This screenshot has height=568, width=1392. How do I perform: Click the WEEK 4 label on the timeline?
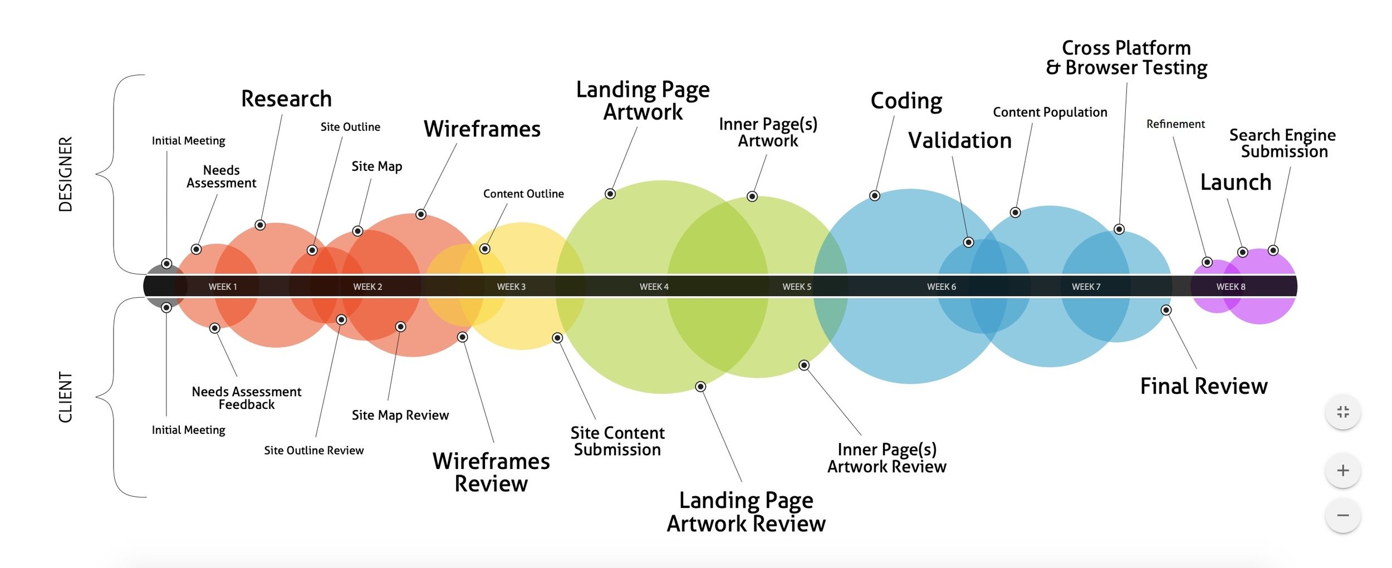click(x=654, y=287)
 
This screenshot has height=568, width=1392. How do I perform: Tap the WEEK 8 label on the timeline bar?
click(x=1231, y=287)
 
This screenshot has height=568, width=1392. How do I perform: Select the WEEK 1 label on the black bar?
click(x=223, y=287)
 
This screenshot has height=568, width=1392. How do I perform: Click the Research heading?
click(x=286, y=99)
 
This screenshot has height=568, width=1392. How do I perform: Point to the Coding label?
click(x=906, y=101)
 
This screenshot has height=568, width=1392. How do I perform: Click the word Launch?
click(x=1236, y=182)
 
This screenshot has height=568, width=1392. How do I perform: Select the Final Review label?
click(x=1203, y=386)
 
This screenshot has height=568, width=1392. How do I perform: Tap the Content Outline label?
click(x=523, y=194)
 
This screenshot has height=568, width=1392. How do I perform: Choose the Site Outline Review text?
click(x=313, y=450)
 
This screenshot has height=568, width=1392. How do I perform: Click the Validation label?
click(x=959, y=141)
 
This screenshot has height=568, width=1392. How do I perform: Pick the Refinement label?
click(x=1175, y=124)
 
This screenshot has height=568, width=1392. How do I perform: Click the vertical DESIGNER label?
click(x=66, y=174)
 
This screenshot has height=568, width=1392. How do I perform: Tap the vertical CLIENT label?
click(x=66, y=397)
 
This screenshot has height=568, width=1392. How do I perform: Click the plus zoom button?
click(x=1342, y=471)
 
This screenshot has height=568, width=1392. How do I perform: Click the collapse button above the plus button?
click(x=1342, y=412)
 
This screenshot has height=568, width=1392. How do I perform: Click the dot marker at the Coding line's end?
click(x=875, y=196)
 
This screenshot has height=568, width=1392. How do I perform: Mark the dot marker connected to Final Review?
click(x=1166, y=310)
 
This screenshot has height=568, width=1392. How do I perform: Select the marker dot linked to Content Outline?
click(x=485, y=249)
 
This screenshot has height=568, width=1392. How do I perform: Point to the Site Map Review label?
click(x=400, y=415)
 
